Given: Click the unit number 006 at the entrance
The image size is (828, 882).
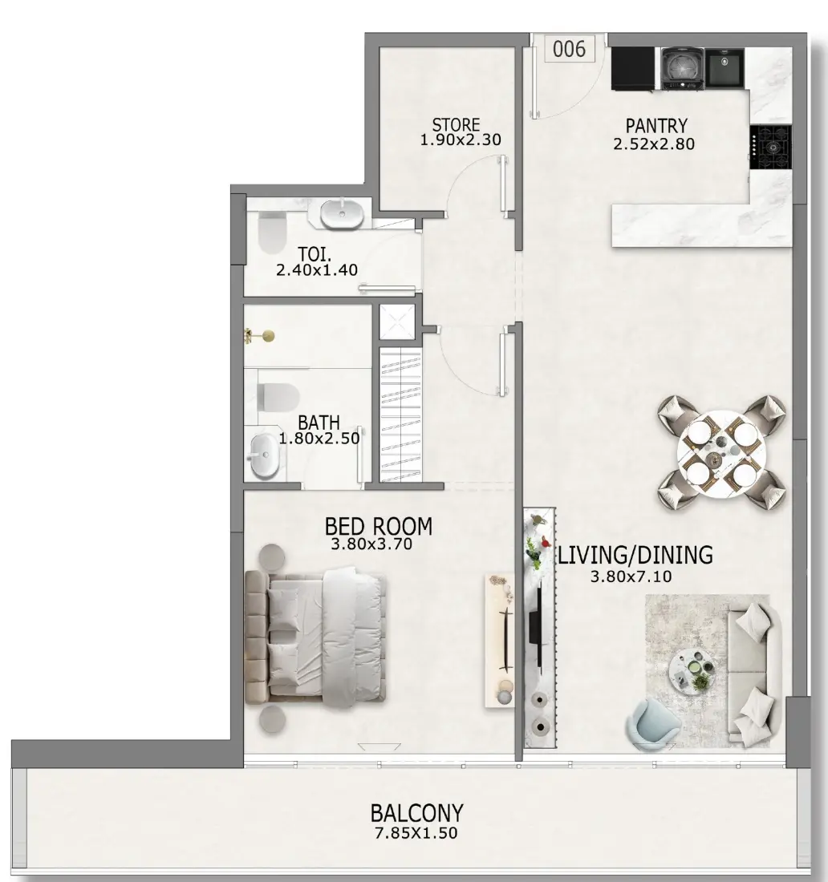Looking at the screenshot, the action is point(569,49).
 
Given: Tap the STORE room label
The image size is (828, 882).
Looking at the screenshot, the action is point(456,124).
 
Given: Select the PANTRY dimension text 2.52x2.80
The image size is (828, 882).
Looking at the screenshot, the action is point(654,144).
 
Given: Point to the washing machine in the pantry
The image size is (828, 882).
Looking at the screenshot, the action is point(682,68).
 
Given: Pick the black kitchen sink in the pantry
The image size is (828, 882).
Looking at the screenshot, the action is point(724,67).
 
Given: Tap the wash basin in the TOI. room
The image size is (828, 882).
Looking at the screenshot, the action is point(343,214).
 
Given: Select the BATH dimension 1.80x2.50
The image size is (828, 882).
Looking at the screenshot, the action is point(319,438).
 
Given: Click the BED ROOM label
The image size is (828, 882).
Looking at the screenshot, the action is point(379,526).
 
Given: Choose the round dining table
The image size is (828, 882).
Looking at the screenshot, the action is point(722,453).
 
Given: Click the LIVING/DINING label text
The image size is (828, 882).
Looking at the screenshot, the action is point(635,555).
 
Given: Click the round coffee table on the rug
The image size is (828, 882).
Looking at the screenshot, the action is point(692,670).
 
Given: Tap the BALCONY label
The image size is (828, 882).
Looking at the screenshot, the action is point(417,813).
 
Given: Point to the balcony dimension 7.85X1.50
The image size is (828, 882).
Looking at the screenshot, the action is point(416,833).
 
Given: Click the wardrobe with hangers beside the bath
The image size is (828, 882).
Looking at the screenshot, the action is point(400,415).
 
